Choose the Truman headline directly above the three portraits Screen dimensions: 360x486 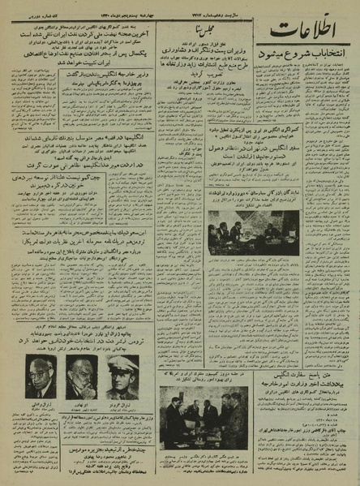coord(81,342)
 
